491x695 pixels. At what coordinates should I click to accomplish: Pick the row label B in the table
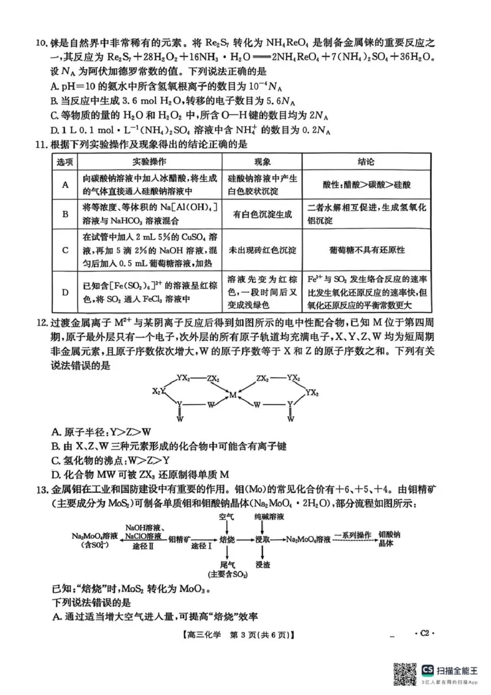pyautogui.click(x=65, y=214)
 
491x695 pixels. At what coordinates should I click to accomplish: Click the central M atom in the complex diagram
pyautogui.click(x=233, y=395)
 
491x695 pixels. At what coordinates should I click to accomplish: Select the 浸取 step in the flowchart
pyautogui.click(x=263, y=538)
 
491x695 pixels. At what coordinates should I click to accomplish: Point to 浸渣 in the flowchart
pyautogui.click(x=263, y=565)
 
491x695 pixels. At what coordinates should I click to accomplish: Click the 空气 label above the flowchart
pyautogui.click(x=226, y=517)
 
